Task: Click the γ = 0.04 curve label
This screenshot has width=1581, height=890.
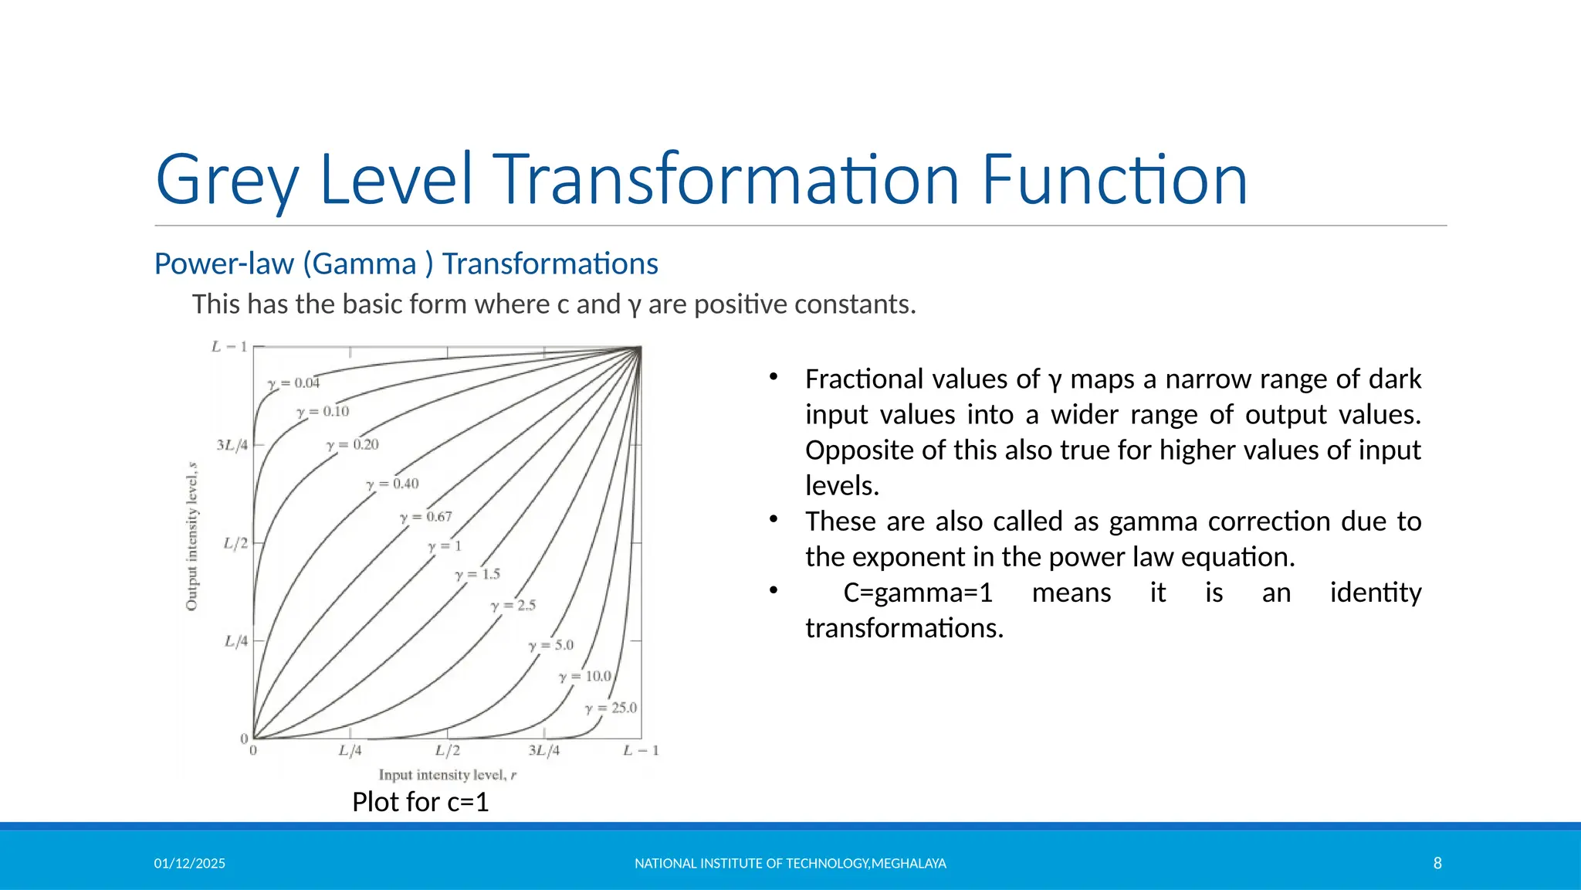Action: (x=293, y=383)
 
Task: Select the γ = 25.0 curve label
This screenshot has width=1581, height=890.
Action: (x=611, y=708)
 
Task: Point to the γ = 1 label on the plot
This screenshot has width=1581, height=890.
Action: (x=445, y=546)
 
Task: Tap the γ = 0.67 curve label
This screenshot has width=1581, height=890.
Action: (x=426, y=517)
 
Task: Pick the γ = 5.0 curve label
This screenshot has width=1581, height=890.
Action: (x=551, y=646)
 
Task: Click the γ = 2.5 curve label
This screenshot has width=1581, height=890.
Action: (x=513, y=606)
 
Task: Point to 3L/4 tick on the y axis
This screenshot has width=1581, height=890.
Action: (x=232, y=445)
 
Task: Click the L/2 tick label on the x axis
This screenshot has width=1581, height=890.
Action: (x=448, y=750)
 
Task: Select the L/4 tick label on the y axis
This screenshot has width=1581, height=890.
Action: (x=236, y=641)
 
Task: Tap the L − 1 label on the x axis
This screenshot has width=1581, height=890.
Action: (x=641, y=750)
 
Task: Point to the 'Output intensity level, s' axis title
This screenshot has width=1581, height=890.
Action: (x=192, y=537)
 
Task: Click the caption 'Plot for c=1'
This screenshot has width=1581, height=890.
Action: (x=421, y=802)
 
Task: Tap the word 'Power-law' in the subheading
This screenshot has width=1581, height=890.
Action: (x=224, y=264)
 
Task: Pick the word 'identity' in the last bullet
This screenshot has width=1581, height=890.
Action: (x=1375, y=593)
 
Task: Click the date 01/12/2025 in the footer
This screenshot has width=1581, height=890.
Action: (x=190, y=863)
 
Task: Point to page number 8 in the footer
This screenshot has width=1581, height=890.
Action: (x=1437, y=863)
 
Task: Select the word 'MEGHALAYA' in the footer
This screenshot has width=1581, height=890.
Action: (x=909, y=863)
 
